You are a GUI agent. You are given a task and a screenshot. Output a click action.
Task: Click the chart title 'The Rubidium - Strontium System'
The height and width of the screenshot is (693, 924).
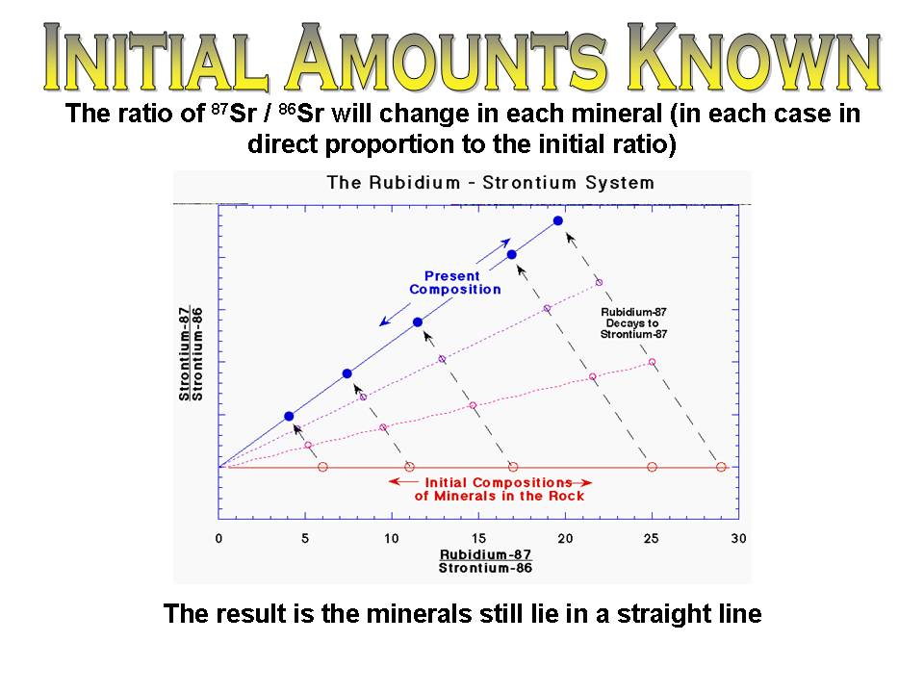tap(490, 182)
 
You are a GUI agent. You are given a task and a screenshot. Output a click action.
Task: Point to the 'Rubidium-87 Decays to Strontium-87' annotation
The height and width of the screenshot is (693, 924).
tap(633, 323)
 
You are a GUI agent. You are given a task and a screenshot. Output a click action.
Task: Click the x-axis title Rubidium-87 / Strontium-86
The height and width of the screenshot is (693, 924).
tap(485, 561)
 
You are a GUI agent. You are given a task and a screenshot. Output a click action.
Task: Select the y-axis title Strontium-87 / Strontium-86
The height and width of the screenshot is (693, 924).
tap(190, 353)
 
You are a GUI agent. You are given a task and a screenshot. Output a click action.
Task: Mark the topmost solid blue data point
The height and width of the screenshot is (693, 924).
tap(558, 221)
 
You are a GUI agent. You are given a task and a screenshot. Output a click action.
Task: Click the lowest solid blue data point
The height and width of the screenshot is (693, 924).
tap(289, 416)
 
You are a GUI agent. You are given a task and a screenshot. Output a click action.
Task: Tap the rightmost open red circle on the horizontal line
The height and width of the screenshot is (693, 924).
tap(722, 467)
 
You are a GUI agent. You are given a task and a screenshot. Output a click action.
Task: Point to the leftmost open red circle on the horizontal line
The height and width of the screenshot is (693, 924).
tap(322, 467)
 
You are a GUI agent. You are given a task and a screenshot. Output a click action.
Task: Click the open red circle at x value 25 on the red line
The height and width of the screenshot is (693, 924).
tap(652, 467)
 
